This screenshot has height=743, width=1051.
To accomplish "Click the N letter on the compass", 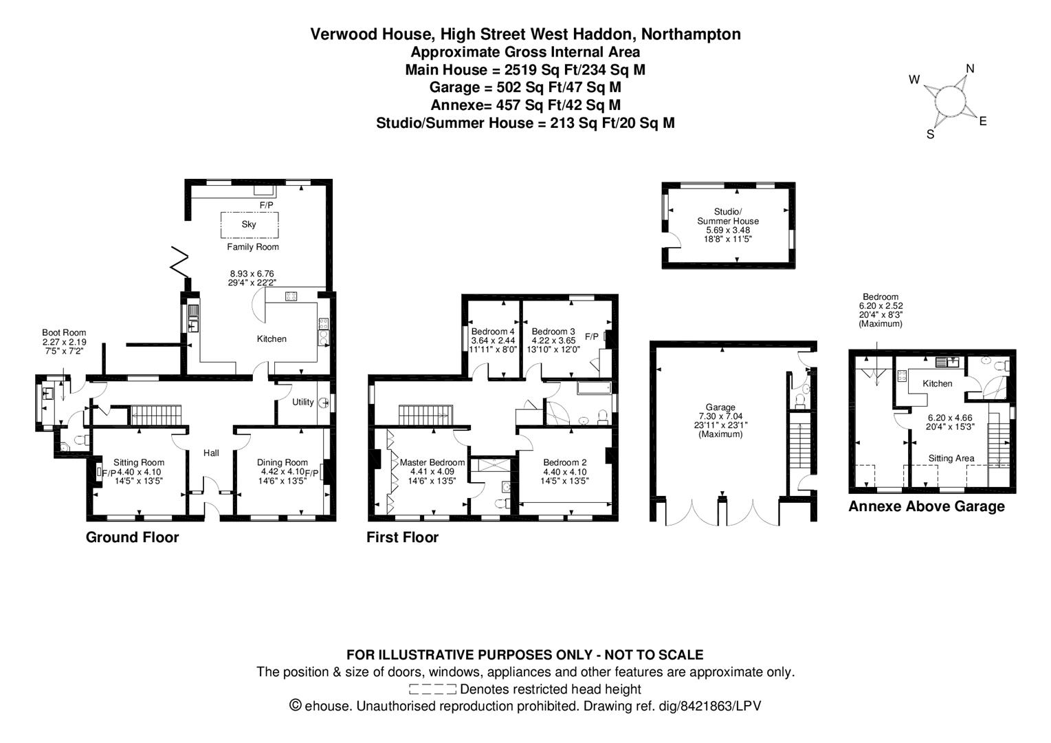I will (x=970, y=68).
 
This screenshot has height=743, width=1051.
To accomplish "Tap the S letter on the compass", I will (x=930, y=135).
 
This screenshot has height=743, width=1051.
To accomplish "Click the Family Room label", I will (x=253, y=247).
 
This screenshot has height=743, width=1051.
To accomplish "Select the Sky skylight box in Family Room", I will (x=249, y=224).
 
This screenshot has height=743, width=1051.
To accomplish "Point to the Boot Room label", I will (x=64, y=332).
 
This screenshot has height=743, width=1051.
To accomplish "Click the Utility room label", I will (x=302, y=402).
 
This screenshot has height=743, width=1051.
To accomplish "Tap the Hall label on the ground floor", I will (x=211, y=453).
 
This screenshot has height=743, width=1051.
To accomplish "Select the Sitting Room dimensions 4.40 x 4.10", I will (x=139, y=472).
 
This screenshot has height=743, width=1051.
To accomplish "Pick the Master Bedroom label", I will (x=432, y=462).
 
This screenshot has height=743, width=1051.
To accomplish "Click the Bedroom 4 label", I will (x=492, y=331).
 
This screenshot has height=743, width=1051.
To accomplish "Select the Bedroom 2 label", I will (x=564, y=462).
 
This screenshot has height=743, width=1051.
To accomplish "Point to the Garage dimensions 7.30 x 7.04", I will (x=720, y=416).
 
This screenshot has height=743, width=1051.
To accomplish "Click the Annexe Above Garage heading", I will (x=926, y=507).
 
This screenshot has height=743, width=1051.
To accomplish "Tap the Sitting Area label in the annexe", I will (x=951, y=458).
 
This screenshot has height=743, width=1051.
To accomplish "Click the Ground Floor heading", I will (x=132, y=537).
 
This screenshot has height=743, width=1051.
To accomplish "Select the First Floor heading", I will (x=402, y=537).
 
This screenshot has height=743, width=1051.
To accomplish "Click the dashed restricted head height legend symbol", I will (x=432, y=689).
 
